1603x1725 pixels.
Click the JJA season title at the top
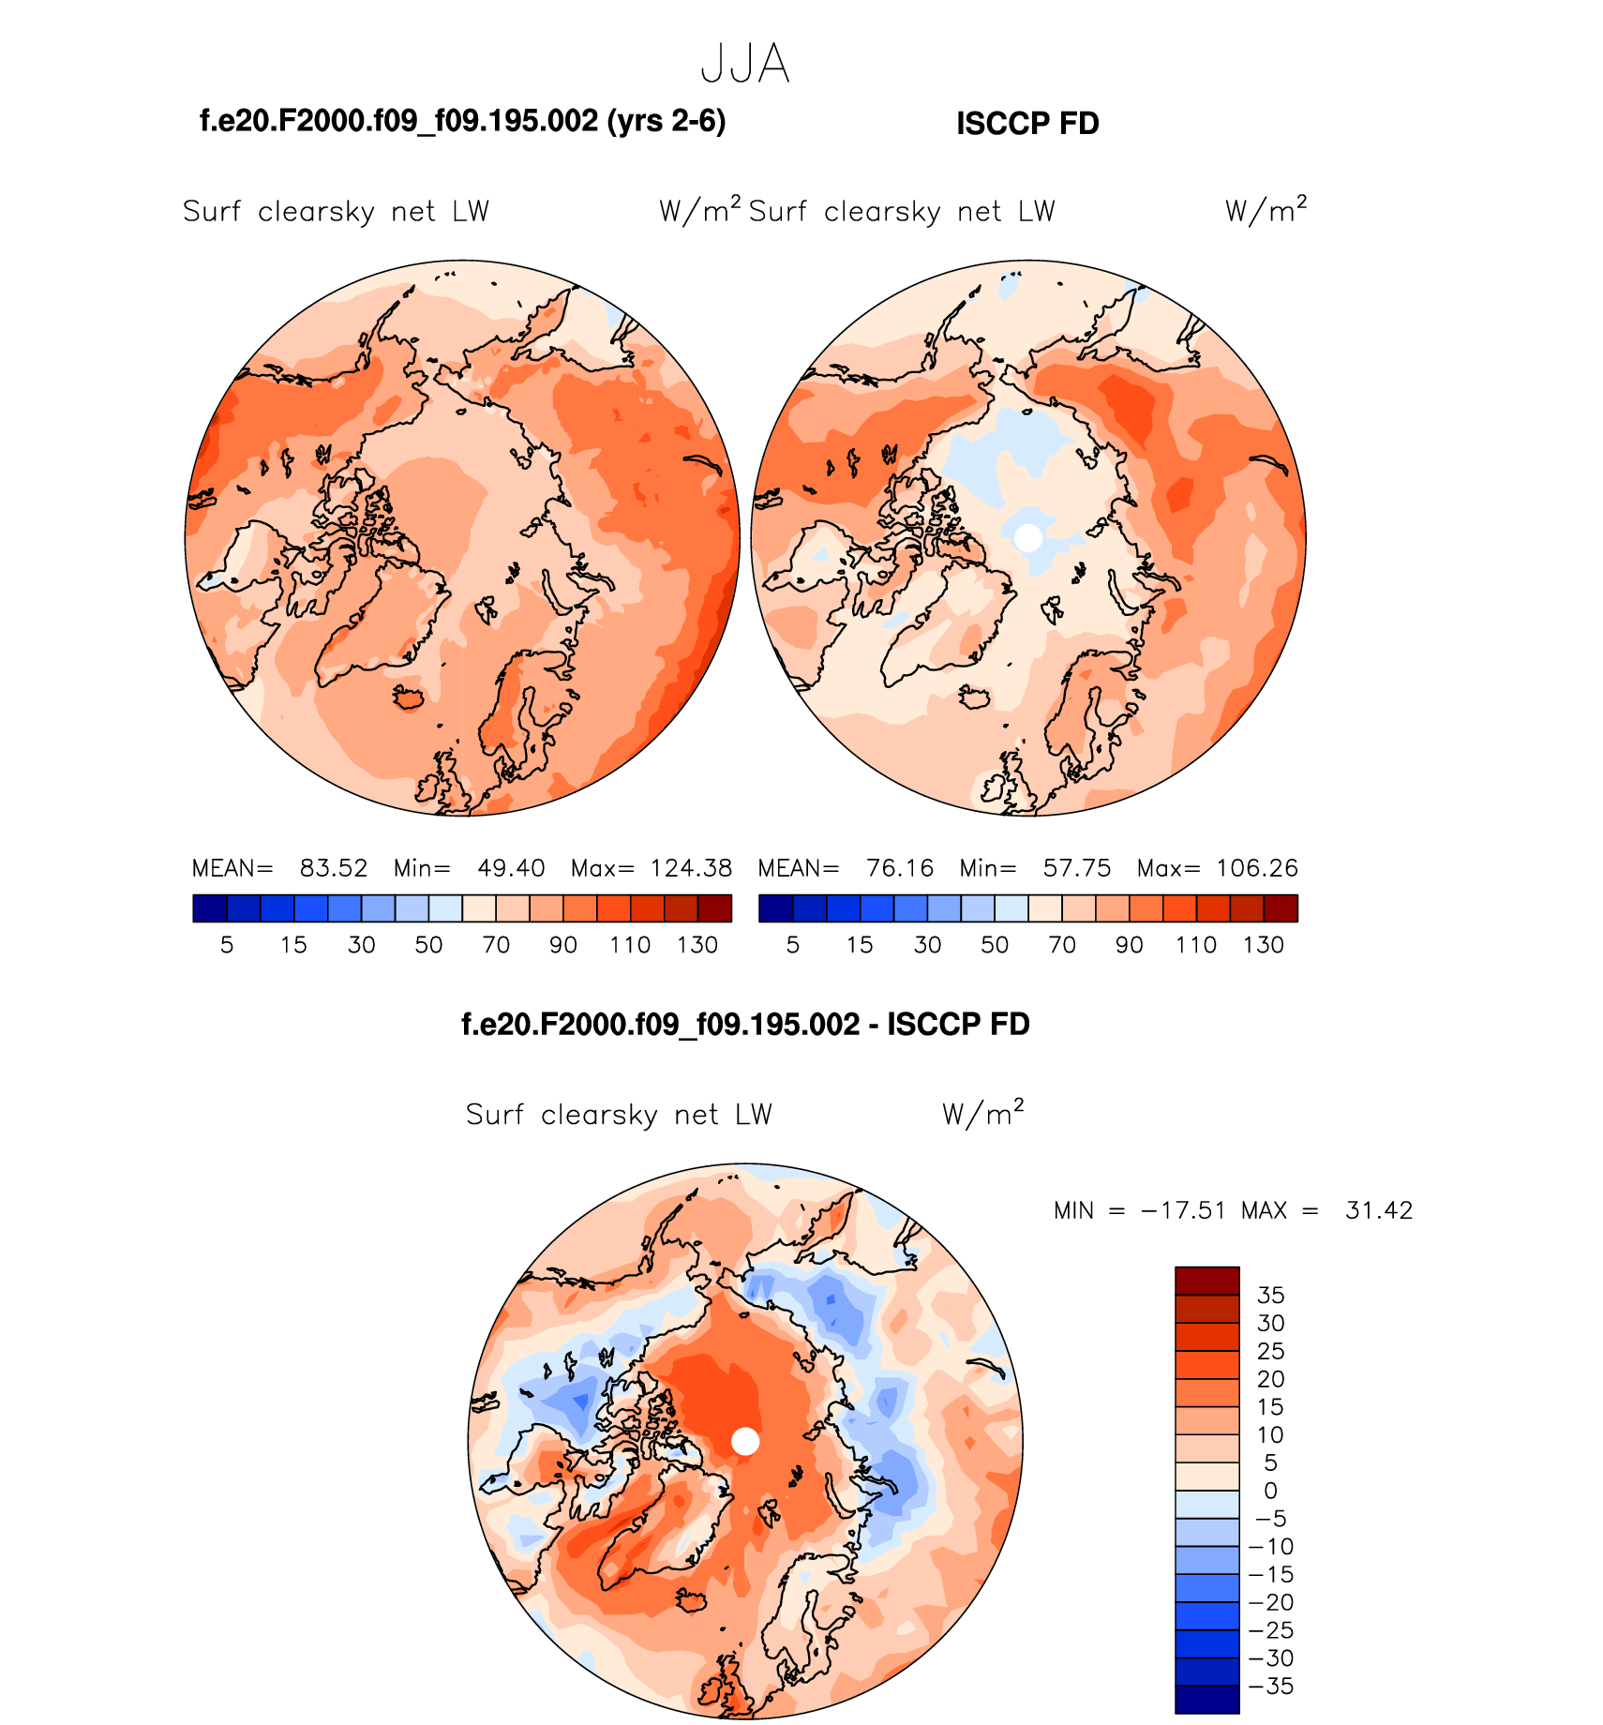tap(745, 65)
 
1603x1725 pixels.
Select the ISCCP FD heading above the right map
tap(1027, 124)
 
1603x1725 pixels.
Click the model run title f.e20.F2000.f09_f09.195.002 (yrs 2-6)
tap(463, 121)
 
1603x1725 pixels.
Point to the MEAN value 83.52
tap(334, 868)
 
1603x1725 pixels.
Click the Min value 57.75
tap(1077, 868)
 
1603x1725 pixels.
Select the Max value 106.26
tap(1257, 868)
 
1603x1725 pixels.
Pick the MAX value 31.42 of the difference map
tap(1378, 1210)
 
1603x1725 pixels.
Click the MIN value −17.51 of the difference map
tap(1183, 1210)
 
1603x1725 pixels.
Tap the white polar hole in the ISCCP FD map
tap(1028, 537)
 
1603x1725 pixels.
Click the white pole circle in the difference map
tap(745, 1441)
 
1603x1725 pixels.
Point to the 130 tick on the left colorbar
tap(697, 945)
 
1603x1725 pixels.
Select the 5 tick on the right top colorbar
tap(793, 945)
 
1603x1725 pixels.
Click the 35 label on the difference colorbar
tap(1270, 1296)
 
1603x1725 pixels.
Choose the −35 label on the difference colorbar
tap(1272, 1687)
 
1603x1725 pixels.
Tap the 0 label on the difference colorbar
tap(1270, 1491)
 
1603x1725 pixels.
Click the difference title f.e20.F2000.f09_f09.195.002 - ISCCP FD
tap(745, 1024)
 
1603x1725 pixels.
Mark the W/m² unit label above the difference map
tap(982, 1113)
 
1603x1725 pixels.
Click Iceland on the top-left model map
tap(410, 698)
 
